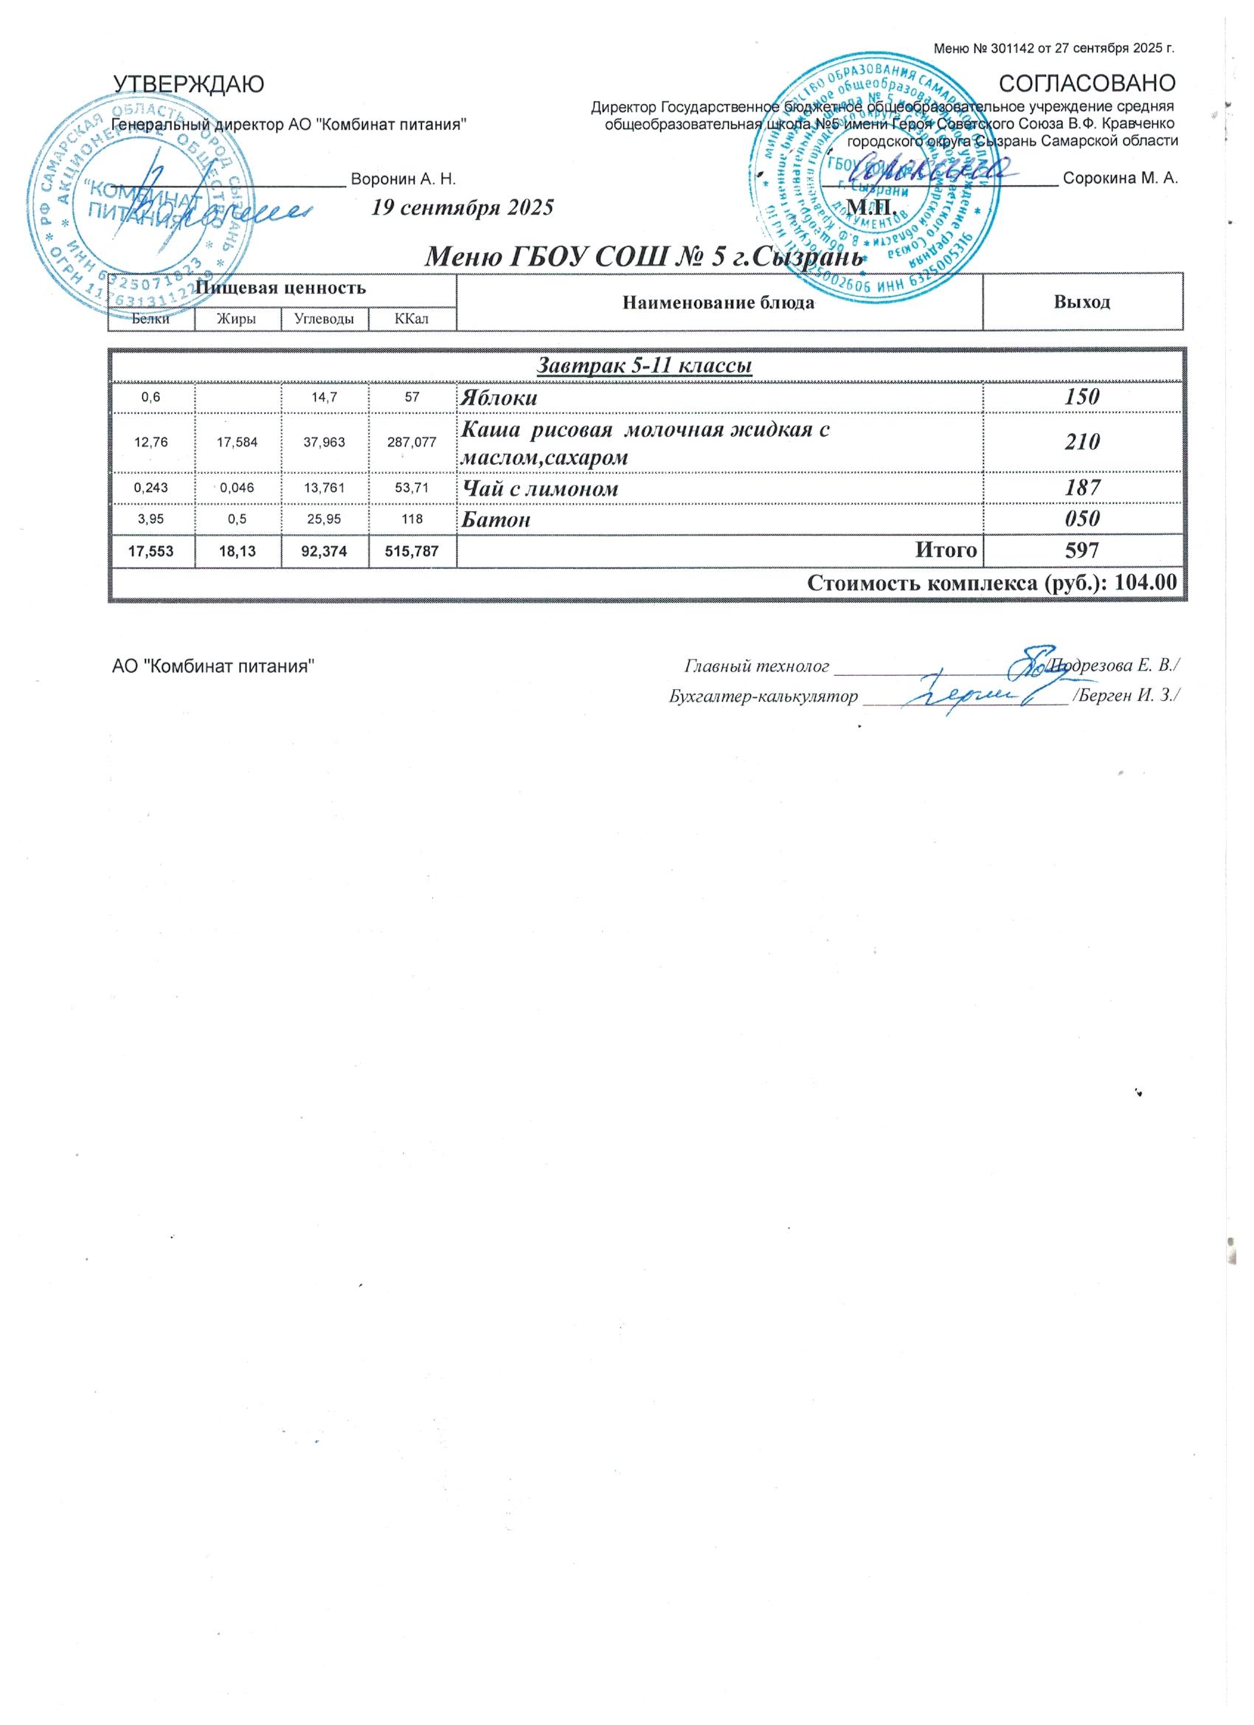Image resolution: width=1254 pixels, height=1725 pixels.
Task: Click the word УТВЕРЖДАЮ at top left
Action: point(188,83)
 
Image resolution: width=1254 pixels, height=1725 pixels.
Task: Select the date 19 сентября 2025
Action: point(462,207)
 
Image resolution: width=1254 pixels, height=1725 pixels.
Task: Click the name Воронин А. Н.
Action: point(402,179)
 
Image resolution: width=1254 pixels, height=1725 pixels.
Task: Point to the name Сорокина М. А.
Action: point(1120,179)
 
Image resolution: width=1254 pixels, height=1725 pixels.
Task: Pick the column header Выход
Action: point(1081,302)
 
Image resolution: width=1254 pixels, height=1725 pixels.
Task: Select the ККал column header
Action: point(412,319)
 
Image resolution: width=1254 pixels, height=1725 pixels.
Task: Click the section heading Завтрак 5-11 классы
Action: point(645,366)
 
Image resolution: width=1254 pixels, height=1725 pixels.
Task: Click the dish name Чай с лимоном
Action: point(541,488)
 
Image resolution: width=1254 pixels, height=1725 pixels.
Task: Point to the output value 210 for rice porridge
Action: point(1082,442)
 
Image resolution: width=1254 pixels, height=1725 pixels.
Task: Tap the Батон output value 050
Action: point(1082,519)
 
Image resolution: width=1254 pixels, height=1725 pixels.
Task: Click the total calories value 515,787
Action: point(412,550)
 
